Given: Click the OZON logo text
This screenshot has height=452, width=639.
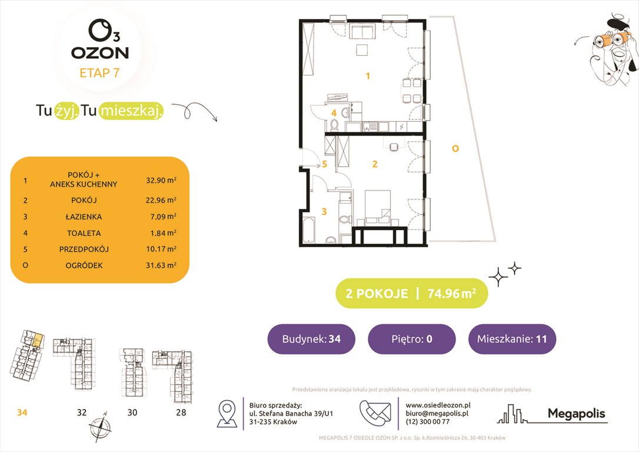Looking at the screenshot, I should (100, 52).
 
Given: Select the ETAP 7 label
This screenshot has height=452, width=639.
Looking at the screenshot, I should (100, 73).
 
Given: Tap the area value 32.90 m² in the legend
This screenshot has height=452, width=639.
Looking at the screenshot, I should (161, 180).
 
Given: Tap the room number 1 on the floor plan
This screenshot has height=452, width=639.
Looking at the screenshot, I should (368, 75).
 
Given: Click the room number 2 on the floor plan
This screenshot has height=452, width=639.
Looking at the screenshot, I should (374, 164).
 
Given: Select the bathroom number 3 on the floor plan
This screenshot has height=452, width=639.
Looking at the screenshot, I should (322, 210).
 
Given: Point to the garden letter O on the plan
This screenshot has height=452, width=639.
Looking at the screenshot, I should (454, 149).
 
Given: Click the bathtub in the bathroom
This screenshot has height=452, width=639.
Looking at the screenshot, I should (309, 231).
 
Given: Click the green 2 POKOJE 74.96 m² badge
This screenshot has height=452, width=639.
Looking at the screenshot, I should (411, 294).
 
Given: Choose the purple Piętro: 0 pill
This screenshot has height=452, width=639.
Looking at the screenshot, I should (411, 339).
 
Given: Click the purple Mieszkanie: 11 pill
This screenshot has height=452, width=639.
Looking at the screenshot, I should (512, 339).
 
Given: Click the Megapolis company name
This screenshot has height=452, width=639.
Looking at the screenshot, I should (576, 414).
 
